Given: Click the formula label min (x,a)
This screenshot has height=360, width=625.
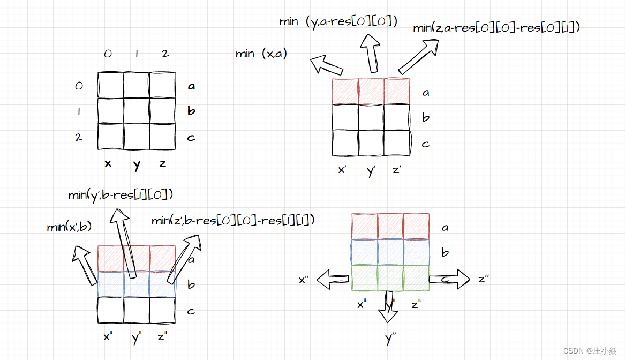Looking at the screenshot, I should (261, 54).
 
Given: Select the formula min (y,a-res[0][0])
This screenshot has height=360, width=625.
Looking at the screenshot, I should (338, 22).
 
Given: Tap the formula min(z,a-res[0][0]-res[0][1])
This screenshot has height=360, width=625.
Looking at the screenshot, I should (496, 28).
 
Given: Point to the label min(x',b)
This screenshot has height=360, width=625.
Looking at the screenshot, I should (69, 227).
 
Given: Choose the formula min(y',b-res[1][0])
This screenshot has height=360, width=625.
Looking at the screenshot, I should (121, 195).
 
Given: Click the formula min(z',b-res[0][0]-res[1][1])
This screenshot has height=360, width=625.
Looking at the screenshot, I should (232, 220).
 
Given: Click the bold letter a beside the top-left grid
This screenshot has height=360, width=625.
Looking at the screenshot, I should (191, 86).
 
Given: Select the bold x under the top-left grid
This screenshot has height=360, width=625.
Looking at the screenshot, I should (108, 163).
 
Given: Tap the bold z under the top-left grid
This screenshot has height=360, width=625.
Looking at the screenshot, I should (162, 163).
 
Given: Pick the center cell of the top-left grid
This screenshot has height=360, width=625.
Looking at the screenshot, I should (137, 111).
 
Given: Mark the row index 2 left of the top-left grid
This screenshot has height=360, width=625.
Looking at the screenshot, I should (79, 137).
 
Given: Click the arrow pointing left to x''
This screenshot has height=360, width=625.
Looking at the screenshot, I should (333, 279).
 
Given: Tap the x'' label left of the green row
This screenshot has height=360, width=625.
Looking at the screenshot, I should (304, 280).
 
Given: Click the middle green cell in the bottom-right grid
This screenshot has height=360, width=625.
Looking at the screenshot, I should (390, 278).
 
